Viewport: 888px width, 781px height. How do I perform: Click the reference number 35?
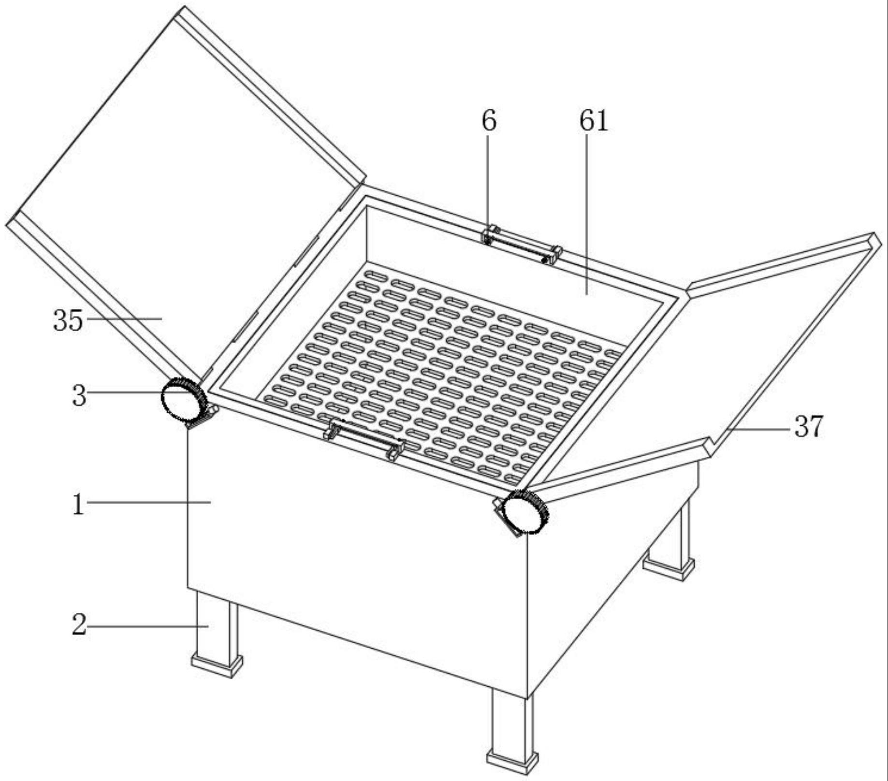68,320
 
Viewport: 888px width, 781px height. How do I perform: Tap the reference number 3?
79,396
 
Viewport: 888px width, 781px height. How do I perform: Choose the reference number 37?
808,427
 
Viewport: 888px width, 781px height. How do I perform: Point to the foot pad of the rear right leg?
669,567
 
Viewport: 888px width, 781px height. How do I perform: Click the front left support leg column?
217,623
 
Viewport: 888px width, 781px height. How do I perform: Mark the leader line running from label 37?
757,428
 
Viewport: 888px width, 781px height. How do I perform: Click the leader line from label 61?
586,214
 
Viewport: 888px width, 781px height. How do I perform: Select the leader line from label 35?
124,318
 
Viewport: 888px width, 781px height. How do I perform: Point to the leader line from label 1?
149,503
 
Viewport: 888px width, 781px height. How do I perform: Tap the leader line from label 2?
147,626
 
